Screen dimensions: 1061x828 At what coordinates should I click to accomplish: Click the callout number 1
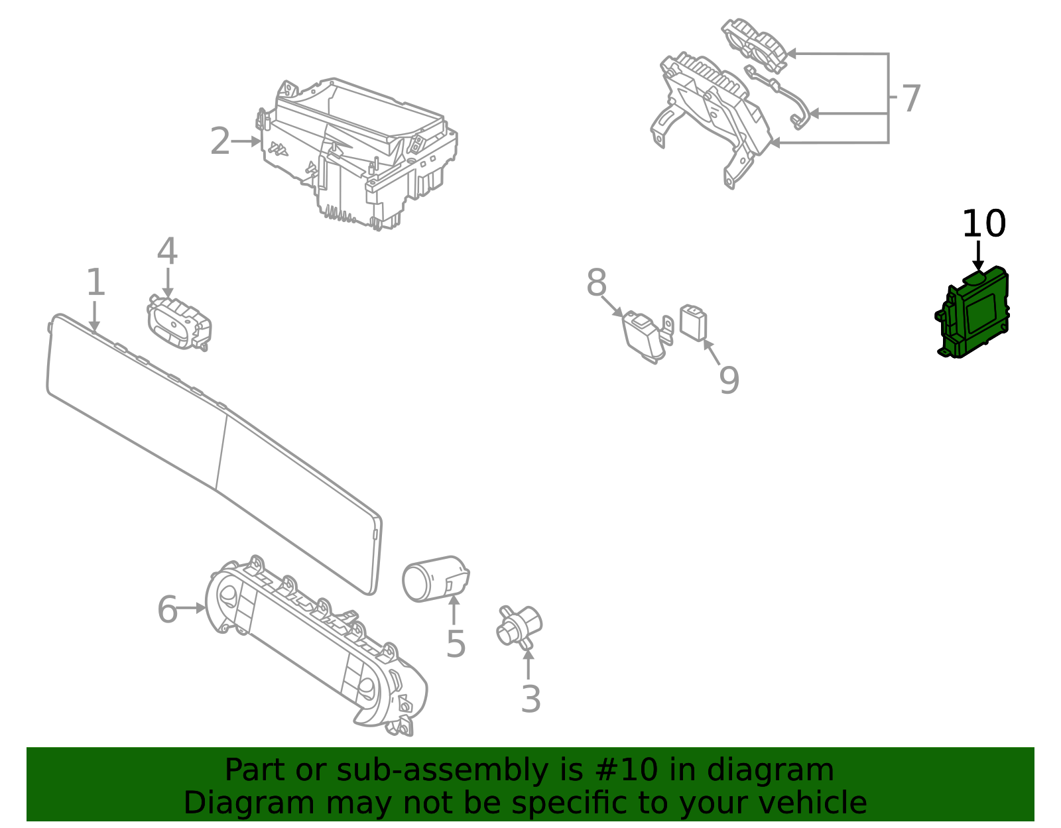point(95,282)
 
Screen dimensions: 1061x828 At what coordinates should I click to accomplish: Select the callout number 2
point(219,141)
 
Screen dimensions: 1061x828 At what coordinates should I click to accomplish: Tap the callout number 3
point(530,699)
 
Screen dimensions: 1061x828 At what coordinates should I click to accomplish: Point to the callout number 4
point(167,251)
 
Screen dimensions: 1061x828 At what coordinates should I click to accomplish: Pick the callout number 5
point(456,644)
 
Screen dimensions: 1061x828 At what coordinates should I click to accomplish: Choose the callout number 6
point(168,609)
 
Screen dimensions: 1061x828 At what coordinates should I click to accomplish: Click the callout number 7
point(911,99)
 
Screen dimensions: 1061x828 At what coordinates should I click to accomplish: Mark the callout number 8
point(596,282)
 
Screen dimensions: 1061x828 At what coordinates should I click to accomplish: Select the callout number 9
point(729,380)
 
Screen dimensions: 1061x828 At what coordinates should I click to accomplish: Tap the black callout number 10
point(984,224)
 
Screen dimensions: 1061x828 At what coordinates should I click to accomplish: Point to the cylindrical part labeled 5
point(436,579)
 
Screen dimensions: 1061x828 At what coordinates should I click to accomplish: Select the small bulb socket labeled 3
point(519,626)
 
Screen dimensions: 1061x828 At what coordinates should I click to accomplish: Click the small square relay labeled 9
point(693,322)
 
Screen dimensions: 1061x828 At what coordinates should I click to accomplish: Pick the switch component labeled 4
point(179,322)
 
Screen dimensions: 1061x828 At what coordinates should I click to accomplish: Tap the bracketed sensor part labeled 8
point(647,336)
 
